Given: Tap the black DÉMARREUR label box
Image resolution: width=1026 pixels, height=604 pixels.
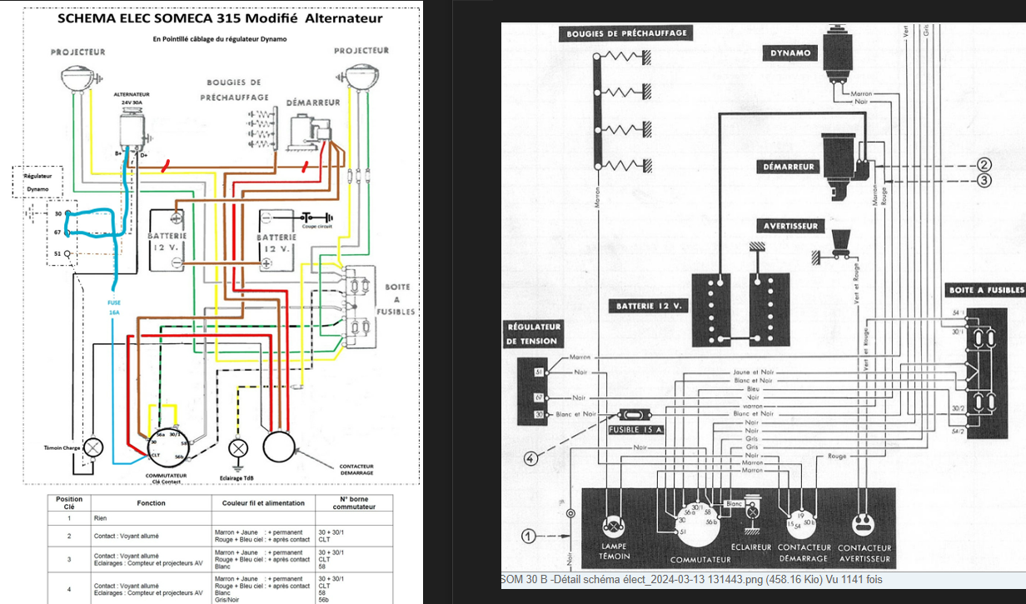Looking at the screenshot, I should click(x=789, y=167).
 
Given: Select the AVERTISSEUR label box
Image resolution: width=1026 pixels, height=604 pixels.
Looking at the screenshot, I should click(x=791, y=226).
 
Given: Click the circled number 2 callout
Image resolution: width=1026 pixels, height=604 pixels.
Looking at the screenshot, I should click(x=984, y=165).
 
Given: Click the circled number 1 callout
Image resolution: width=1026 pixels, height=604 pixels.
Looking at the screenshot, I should click(x=529, y=534).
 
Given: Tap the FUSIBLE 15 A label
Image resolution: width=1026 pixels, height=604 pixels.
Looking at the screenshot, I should click(x=636, y=430).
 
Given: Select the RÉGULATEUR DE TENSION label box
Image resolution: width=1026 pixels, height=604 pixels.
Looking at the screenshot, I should click(x=532, y=333).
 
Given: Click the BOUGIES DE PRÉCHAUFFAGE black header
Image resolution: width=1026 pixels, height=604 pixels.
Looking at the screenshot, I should click(x=626, y=33).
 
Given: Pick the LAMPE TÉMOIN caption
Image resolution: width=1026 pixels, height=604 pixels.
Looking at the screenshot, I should click(x=614, y=552).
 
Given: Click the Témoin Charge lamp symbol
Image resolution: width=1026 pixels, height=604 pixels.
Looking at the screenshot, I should click(x=93, y=447).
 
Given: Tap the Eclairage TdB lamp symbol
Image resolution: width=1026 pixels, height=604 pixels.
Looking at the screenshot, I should click(x=239, y=447).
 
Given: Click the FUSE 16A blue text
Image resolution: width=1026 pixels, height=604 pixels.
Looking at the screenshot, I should click(x=114, y=307).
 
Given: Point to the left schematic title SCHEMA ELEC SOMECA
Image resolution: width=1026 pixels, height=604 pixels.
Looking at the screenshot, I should click(x=220, y=18).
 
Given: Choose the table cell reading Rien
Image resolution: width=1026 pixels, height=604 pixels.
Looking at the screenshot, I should click(x=100, y=518).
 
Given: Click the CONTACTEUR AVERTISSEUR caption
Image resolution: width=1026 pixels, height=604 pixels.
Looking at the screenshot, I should click(x=864, y=552).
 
